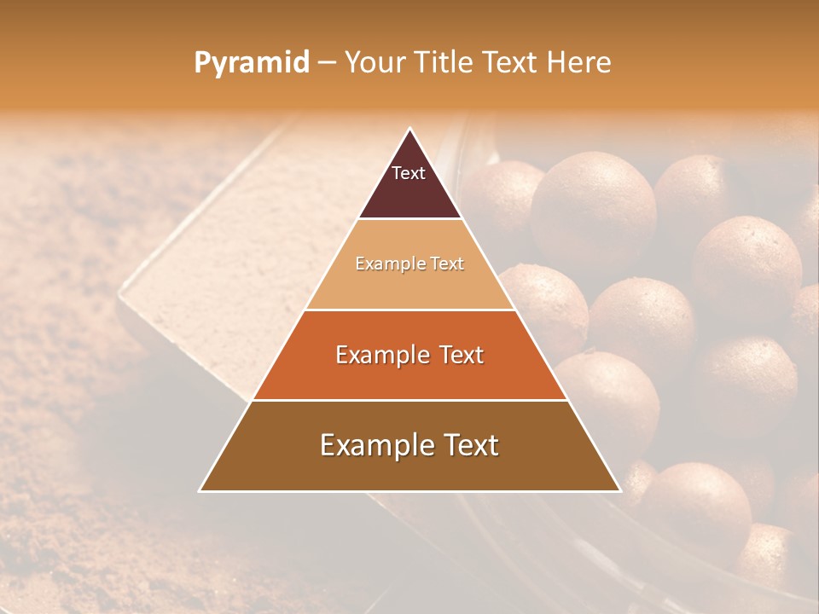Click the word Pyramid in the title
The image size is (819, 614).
tap(252, 63)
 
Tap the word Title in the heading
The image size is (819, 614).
tap(447, 62)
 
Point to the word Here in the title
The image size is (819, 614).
tap(579, 62)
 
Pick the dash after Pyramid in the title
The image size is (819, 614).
tap(326, 63)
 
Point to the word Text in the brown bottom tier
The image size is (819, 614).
tap(468, 445)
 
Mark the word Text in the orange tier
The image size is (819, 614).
tap(459, 355)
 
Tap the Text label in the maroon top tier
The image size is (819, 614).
tap(409, 173)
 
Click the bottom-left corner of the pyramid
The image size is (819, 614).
tap(200, 490)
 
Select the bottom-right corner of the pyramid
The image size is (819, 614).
tap(619, 490)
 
